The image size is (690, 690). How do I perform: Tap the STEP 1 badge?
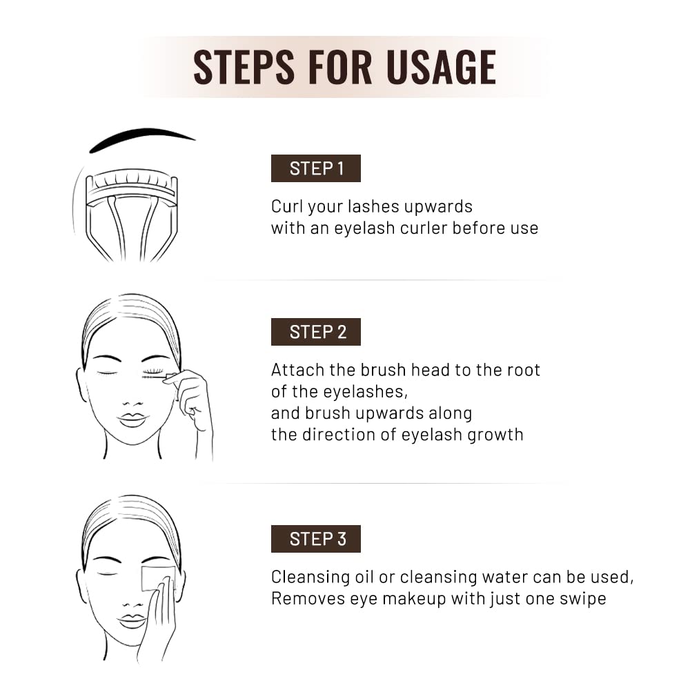(316, 168)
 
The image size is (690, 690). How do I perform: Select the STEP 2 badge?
(316, 332)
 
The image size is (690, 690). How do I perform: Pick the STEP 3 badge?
(316, 539)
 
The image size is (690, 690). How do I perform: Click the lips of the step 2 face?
(132, 420)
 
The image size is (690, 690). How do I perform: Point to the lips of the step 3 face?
(132, 621)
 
